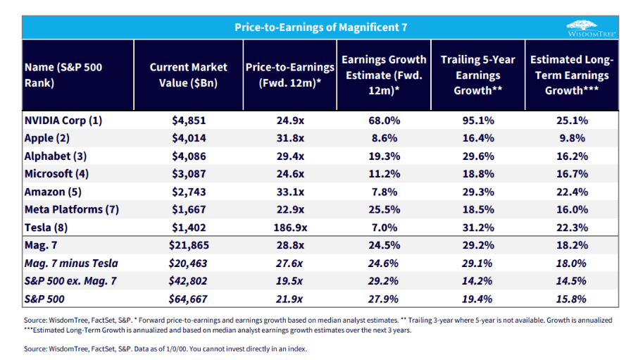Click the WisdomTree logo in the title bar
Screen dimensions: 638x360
click(592, 28)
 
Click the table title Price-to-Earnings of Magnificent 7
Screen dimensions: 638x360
click(320, 27)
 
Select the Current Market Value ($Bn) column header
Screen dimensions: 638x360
click(189, 75)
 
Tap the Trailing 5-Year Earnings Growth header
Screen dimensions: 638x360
click(477, 75)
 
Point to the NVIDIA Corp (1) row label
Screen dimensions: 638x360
click(63, 120)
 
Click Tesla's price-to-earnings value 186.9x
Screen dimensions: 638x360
click(290, 228)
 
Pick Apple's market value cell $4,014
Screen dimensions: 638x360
click(189, 138)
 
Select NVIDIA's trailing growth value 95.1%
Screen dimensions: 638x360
click(478, 120)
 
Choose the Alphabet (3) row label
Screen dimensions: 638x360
click(56, 156)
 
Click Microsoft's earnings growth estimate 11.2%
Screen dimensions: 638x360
click(384, 174)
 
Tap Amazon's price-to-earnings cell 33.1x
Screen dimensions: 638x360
click(290, 192)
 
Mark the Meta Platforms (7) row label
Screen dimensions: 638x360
click(72, 209)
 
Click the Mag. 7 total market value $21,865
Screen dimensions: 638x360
click(189, 245)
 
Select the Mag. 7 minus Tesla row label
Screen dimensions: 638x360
click(71, 263)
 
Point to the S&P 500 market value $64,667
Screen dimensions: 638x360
click(188, 299)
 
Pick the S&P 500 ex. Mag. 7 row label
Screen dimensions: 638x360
click(70, 281)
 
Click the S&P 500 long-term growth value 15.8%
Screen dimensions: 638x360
click(571, 299)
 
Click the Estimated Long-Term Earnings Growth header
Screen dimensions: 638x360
click(572, 75)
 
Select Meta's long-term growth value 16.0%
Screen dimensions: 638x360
click(572, 209)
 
